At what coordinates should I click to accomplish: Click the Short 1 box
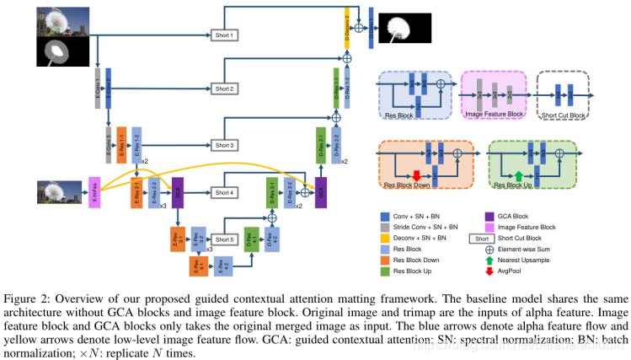(x=223, y=35)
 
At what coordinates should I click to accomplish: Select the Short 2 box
(x=223, y=89)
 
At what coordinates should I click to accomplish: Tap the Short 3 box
(x=223, y=145)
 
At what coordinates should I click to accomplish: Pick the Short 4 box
(x=223, y=193)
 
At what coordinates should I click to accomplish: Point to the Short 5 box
(x=223, y=239)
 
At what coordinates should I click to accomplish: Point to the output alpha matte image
(x=403, y=28)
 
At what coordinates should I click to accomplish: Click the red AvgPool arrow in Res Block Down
(x=415, y=173)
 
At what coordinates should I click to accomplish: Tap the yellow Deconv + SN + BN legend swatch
(x=384, y=238)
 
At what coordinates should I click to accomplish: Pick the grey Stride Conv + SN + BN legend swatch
(x=384, y=227)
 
